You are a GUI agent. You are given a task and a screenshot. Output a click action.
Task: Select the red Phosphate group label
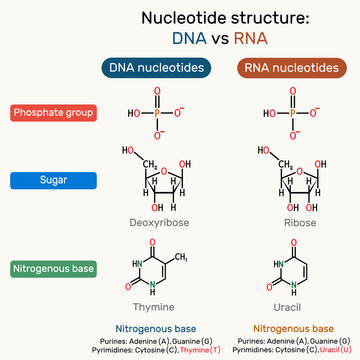(52, 113)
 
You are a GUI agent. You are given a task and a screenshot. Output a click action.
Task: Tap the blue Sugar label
(52, 183)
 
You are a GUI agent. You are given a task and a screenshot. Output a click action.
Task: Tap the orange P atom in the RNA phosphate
(291, 113)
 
